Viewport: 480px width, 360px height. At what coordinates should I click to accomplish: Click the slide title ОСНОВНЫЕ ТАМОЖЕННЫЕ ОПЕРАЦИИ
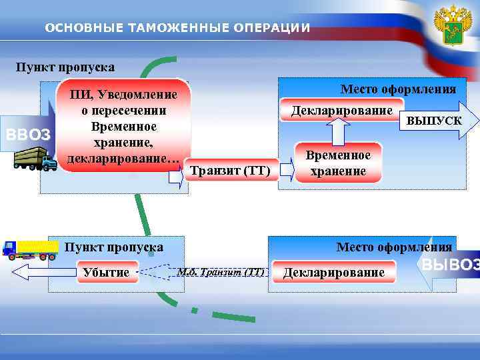(x=177, y=28)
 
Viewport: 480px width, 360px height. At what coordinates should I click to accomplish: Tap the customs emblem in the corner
(x=453, y=28)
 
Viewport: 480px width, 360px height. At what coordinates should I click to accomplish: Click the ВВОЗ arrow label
(x=27, y=135)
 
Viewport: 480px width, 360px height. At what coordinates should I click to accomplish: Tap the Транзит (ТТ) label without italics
(x=230, y=171)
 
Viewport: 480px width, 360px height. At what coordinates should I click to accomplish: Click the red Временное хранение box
(x=338, y=163)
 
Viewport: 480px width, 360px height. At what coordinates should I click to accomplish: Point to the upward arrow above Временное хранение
(x=338, y=131)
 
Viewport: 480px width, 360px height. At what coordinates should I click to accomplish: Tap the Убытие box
(x=106, y=272)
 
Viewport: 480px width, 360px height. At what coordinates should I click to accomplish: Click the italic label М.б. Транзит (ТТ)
(x=221, y=271)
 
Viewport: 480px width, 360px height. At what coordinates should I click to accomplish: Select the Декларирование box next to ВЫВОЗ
(x=334, y=272)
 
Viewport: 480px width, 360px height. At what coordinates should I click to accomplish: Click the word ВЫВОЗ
(x=450, y=265)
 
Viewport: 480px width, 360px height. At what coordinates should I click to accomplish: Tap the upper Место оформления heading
(x=398, y=89)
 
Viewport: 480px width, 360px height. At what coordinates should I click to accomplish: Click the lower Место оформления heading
(x=394, y=247)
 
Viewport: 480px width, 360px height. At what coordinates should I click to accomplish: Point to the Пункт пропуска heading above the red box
(x=65, y=67)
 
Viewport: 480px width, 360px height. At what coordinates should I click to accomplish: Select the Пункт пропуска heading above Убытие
(x=113, y=247)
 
